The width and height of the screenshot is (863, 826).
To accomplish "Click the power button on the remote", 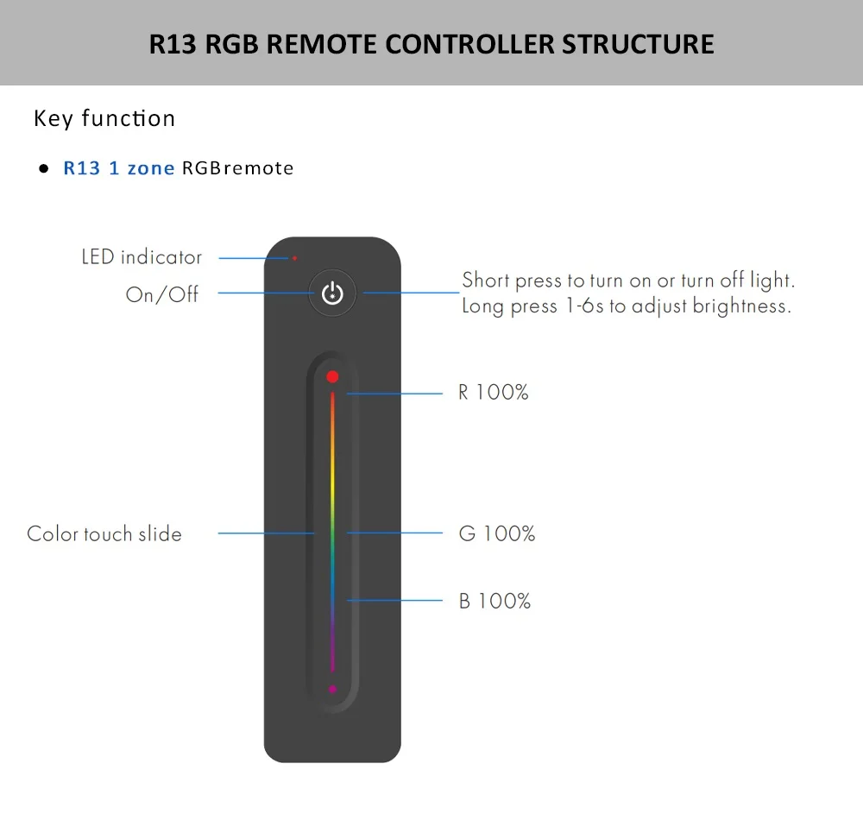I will point(332,293).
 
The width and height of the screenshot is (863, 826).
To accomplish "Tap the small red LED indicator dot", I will point(294,257).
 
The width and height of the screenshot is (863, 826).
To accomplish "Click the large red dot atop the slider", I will point(332,377).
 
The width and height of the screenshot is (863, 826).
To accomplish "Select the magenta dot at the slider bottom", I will point(332,690).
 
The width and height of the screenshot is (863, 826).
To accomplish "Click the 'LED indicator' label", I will point(142,257).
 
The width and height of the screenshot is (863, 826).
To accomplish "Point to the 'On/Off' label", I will point(162,294).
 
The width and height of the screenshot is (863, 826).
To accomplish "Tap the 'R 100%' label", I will point(493,393).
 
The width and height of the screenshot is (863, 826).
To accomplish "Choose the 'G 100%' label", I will point(496,533).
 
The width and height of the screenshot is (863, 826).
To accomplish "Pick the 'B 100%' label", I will point(494,601).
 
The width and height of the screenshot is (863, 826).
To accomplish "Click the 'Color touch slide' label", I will point(104,533).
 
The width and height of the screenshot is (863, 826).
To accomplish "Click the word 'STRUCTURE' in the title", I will point(639,44).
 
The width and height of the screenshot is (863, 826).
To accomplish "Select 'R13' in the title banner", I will point(173,44).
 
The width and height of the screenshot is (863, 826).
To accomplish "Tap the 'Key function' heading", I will point(104,118).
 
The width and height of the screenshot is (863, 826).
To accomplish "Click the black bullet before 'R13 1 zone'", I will point(42,169).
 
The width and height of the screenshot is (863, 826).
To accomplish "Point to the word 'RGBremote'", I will point(237,168).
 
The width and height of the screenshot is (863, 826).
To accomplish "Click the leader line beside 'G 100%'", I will point(394,533).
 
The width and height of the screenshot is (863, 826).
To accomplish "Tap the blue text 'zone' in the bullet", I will point(151,168).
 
